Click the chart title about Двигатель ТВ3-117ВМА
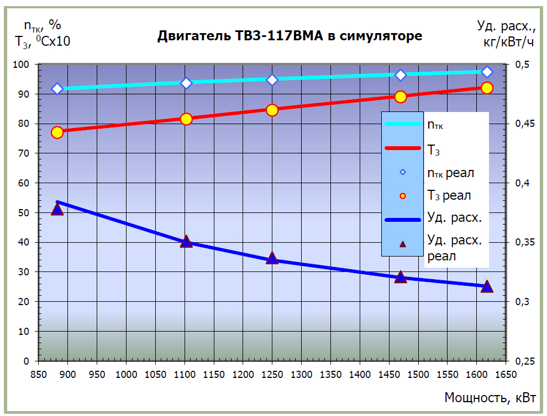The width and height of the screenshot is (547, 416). point(290,36)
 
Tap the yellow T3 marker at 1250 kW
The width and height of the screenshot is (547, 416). point(272,110)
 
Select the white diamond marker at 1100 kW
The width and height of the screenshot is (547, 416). point(186,83)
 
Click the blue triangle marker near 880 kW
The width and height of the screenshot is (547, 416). point(57,209)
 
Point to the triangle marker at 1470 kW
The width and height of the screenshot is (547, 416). point(401,277)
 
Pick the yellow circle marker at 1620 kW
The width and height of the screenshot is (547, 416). point(487,88)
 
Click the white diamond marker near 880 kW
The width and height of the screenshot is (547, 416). point(57,89)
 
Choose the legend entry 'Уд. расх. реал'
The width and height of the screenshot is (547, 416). point(455,248)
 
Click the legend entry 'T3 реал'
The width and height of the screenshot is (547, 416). point(449,195)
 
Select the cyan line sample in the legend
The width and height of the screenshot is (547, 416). point(403,125)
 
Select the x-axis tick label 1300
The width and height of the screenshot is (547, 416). point(301,375)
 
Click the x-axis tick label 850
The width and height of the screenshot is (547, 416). point(38,375)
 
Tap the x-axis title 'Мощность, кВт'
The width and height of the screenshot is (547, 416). point(490,397)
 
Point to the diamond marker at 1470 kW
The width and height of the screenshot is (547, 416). point(401,75)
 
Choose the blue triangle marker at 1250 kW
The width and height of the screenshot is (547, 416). point(272,258)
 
